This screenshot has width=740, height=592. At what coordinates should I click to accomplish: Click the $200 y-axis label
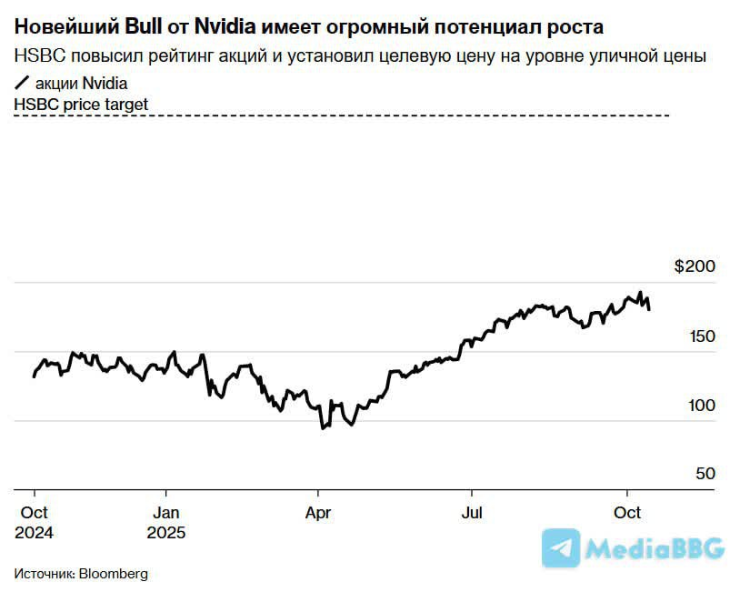(x=695, y=266)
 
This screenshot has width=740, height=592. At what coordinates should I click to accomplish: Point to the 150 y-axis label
(x=702, y=336)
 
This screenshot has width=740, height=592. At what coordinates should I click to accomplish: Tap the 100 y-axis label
(x=702, y=406)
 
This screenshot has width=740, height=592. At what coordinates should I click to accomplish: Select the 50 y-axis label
(x=706, y=474)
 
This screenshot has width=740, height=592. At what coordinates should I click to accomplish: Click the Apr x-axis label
(x=317, y=513)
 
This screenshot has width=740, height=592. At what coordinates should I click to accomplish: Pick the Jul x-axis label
(x=471, y=513)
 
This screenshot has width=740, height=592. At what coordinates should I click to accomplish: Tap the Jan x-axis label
(x=165, y=513)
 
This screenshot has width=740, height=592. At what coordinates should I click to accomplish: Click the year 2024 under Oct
(x=34, y=533)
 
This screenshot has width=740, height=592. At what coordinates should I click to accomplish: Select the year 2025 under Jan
(x=165, y=533)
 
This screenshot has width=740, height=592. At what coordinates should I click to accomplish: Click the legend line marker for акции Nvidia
(x=23, y=84)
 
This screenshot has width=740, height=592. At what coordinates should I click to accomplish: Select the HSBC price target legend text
(x=81, y=105)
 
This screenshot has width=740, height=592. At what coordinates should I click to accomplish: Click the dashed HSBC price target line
(x=364, y=115)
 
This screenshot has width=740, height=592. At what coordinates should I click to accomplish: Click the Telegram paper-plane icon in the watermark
(x=561, y=548)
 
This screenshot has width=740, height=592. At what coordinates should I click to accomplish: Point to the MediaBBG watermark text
(x=655, y=548)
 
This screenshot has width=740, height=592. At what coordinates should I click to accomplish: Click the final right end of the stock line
(x=649, y=310)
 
